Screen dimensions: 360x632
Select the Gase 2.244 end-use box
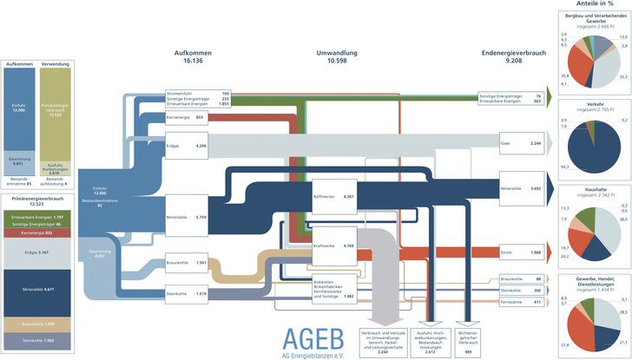522,142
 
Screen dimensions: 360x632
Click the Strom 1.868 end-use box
522,252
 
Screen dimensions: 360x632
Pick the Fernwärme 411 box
522,302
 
